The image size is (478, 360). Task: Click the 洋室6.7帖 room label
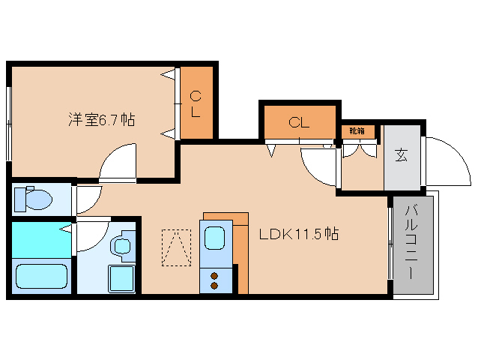102,118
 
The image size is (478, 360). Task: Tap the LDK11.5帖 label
299,234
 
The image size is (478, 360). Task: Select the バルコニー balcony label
411,241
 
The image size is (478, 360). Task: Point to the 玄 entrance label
402,156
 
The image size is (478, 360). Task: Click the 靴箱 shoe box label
357,131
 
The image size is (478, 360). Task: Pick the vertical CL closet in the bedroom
196,104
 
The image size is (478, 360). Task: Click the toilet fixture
33,199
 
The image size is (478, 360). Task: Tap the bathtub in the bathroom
42,276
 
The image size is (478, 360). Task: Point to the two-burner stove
216,280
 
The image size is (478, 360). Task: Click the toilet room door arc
89,199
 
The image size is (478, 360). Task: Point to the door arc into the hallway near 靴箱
318,166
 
